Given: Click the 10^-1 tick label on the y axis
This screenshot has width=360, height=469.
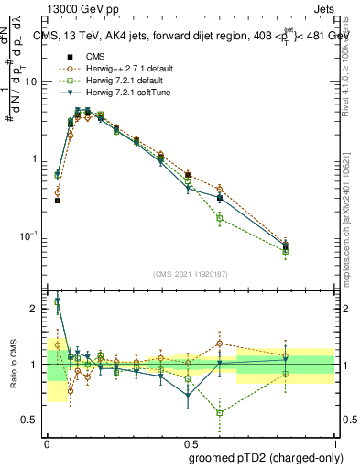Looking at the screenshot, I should pyautogui.click(x=31, y=235).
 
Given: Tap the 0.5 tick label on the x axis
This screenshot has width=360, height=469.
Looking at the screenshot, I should pyautogui.click(x=191, y=442).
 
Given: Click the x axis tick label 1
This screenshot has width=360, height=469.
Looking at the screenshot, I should pyautogui.click(x=335, y=442).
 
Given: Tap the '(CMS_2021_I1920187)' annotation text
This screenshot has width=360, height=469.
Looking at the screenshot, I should pyautogui.click(x=191, y=274).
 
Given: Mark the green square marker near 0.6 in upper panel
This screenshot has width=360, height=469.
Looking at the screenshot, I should pyautogui.click(x=220, y=218).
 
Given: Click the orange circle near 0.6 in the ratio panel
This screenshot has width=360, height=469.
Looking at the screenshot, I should pyautogui.click(x=220, y=344).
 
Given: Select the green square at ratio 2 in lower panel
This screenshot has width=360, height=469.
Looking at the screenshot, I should pyautogui.click(x=57, y=301).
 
